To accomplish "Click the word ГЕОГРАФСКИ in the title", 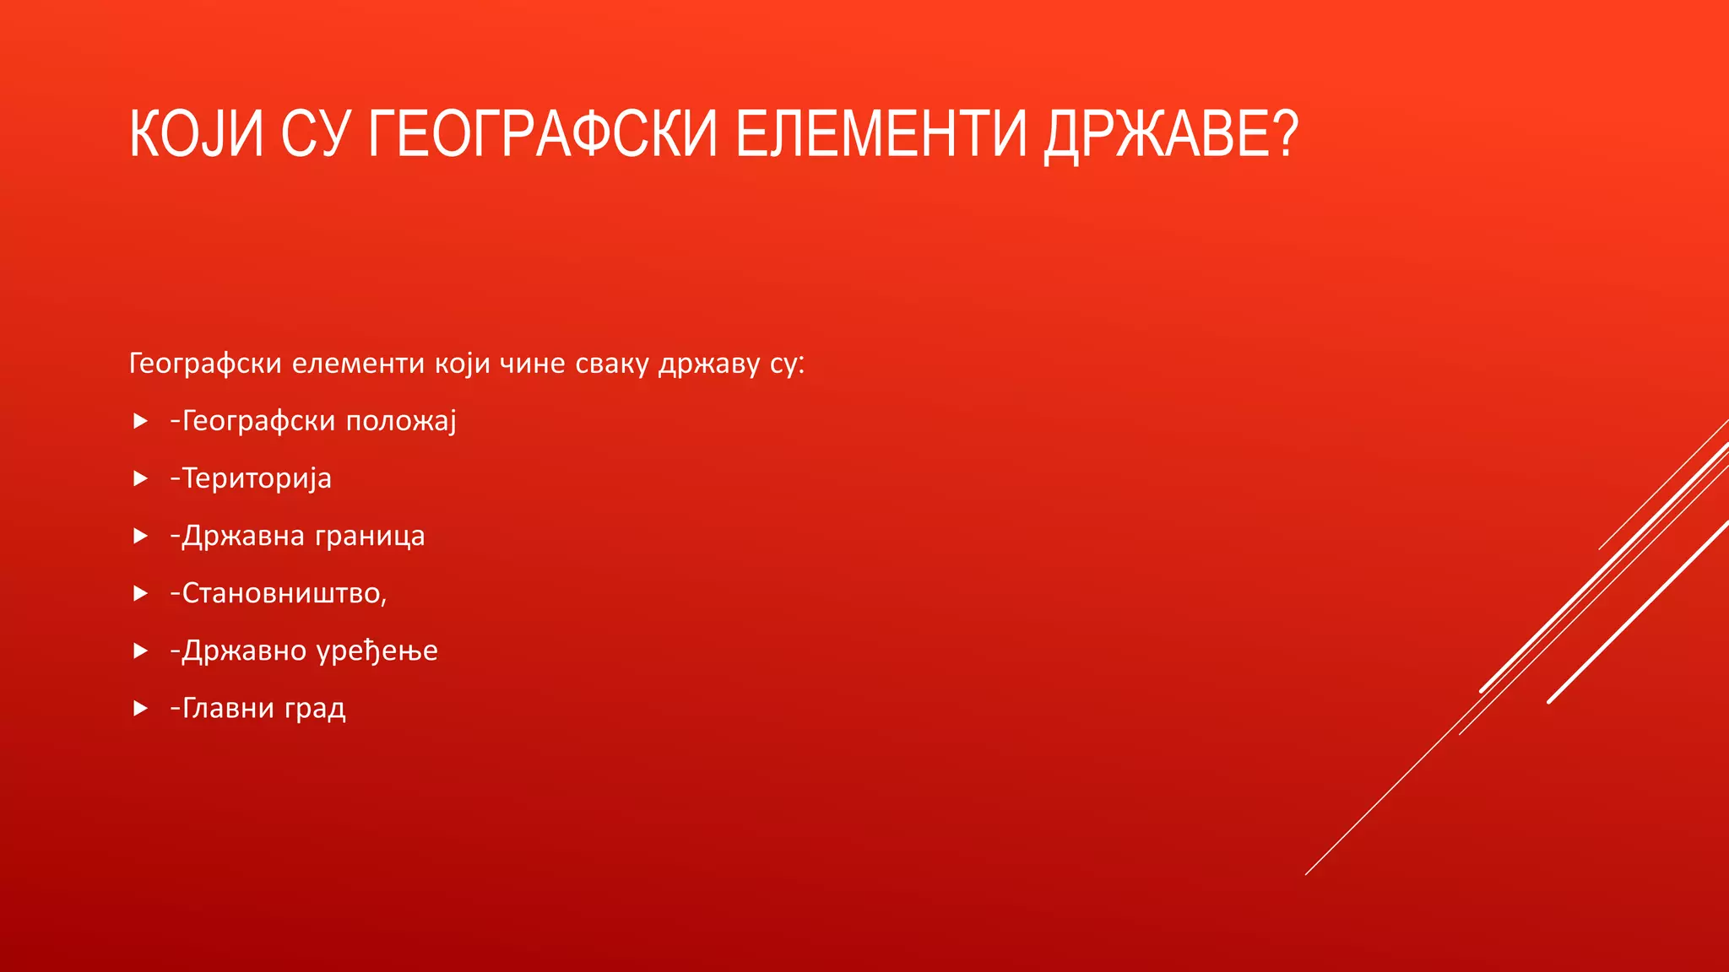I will (x=542, y=135).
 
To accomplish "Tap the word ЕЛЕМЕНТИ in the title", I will (x=881, y=135).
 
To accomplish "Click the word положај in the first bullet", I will (x=401, y=421).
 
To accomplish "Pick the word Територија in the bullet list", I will (x=257, y=478).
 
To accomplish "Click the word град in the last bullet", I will (x=315, y=709).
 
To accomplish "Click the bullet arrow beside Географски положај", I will (x=141, y=421).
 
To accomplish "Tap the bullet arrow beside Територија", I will (x=141, y=478).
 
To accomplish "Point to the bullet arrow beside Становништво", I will (x=141, y=593).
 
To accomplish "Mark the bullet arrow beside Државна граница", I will (x=141, y=536).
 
